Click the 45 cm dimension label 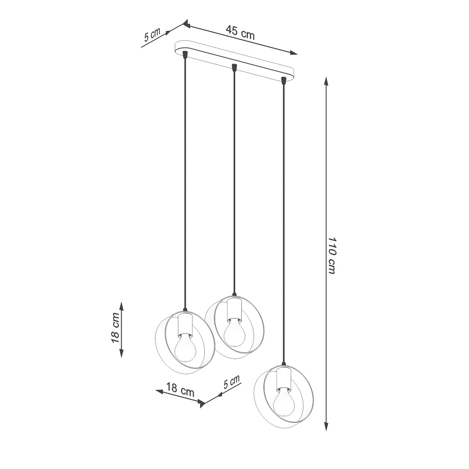point(240,32)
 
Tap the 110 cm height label point(331,255)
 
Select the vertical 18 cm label point(116,328)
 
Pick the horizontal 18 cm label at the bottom point(180,390)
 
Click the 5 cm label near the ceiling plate point(152,35)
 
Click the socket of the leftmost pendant point(184,324)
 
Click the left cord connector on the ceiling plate point(184,55)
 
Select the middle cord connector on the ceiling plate point(234,68)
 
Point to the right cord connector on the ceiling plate point(283,80)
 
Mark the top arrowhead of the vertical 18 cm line point(122,305)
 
